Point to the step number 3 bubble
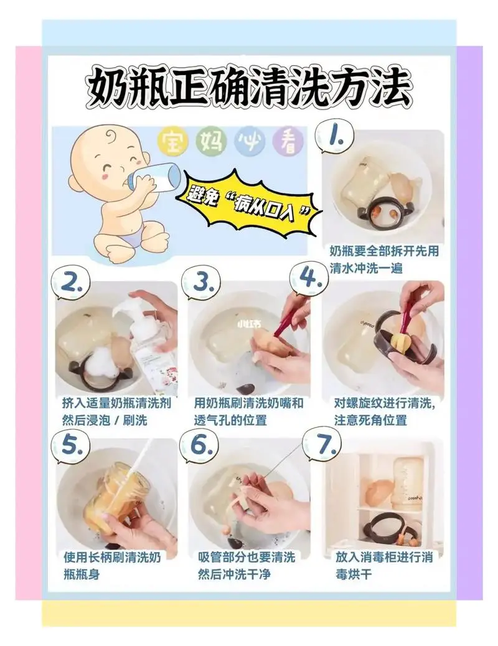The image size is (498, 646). pos(203,284)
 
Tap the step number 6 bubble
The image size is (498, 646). pos(200,445)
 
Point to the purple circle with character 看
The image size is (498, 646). pos(287,142)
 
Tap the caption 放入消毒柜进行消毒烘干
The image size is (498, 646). pos(383,565)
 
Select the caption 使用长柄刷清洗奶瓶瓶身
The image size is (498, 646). pos(112,565)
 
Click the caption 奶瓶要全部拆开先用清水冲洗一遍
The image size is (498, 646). pos(384,260)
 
